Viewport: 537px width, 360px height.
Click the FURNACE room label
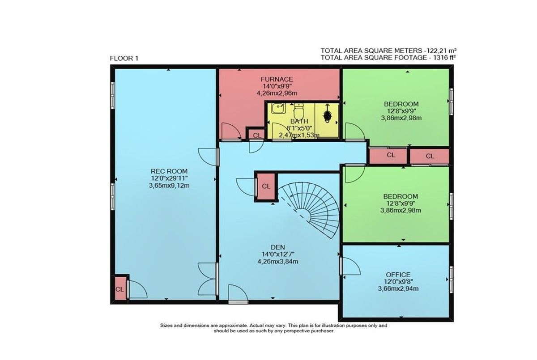[x=277, y=79]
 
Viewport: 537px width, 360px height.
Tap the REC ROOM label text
[x=169, y=171]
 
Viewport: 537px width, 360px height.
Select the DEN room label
[x=277, y=247]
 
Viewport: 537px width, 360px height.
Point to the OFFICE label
[x=398, y=275]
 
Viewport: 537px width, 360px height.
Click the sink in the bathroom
[x=278, y=109]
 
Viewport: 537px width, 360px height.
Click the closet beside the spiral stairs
[x=266, y=186]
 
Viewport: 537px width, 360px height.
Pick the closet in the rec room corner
[x=120, y=288]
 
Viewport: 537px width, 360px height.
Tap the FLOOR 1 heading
[x=124, y=59]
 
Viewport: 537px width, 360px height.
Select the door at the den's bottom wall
[x=238, y=293]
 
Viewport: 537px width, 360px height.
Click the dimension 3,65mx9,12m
[x=169, y=186]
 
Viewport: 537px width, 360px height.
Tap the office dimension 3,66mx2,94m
[x=398, y=288]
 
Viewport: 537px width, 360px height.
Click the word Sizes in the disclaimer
[x=166, y=326]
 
